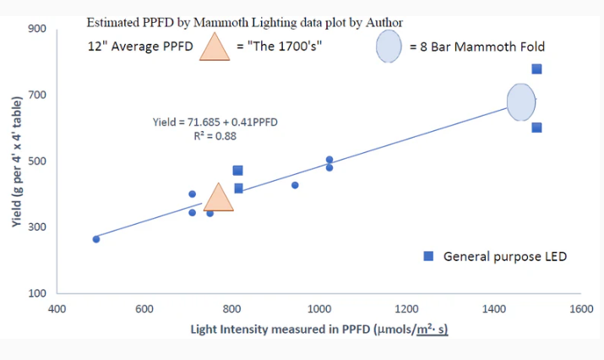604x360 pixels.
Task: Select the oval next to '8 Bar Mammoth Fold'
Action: click(x=389, y=46)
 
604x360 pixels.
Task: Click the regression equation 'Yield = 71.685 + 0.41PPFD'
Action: click(x=215, y=123)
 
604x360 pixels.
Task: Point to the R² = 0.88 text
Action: click(x=215, y=135)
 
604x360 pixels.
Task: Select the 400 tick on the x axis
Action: click(x=57, y=309)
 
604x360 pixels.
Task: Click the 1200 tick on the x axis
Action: click(x=405, y=309)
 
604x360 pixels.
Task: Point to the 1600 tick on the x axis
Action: click(x=580, y=309)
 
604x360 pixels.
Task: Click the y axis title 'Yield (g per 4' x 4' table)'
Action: click(x=15, y=161)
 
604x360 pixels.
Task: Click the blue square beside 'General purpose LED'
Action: click(x=429, y=256)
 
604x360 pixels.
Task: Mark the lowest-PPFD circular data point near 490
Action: click(x=96, y=239)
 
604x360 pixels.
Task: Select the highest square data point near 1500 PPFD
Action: click(x=536, y=69)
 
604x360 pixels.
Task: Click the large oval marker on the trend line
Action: click(x=521, y=102)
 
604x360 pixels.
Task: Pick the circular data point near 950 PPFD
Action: click(x=295, y=185)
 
